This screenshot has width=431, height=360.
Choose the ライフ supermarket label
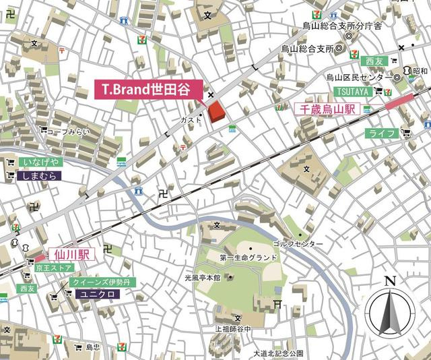pyautogui.click(x=380, y=133)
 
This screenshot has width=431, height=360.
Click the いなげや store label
pyautogui.click(x=41, y=162)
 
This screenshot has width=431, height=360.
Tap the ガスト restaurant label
pyautogui.click(x=191, y=119)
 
